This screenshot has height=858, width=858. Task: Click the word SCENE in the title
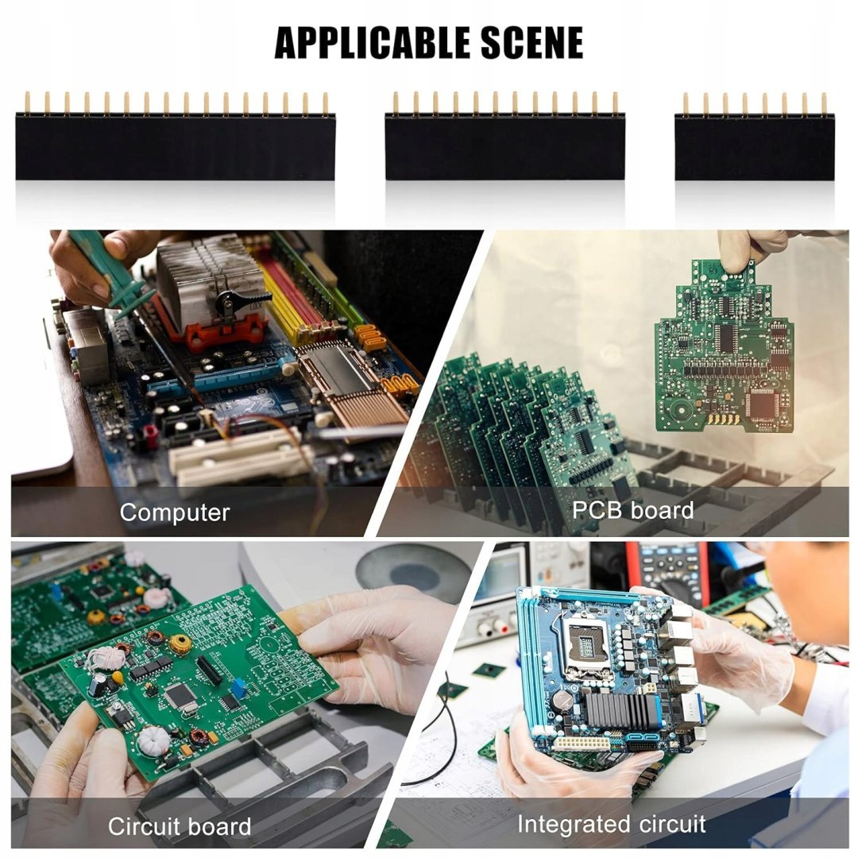(532, 43)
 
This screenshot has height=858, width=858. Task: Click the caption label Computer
(175, 512)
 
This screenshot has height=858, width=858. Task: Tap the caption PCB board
(632, 510)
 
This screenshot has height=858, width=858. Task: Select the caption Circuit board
(180, 826)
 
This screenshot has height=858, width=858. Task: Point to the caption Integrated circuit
(611, 824)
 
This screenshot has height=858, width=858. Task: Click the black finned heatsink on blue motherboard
(621, 709)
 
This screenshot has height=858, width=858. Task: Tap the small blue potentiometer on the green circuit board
(238, 687)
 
